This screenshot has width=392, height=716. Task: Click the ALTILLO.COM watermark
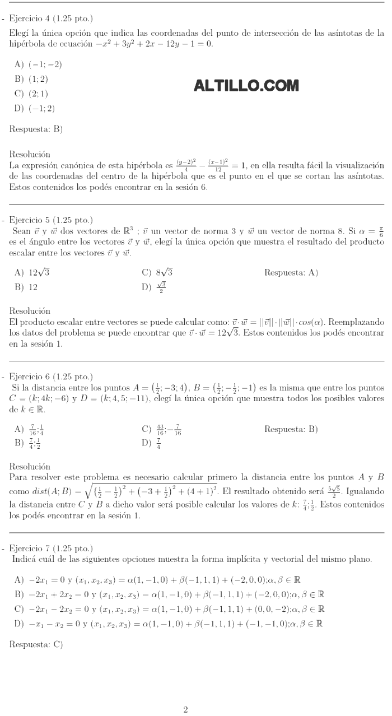point(246,86)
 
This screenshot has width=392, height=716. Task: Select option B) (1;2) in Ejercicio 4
point(31,79)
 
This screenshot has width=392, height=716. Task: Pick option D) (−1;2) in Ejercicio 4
point(34,108)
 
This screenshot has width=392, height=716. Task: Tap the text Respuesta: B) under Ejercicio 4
point(36,129)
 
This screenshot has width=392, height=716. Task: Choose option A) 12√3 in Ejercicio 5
point(32,273)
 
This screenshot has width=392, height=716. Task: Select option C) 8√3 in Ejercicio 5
point(157,273)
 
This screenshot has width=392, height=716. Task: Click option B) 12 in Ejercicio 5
point(26,287)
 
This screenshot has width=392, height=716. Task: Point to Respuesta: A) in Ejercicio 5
point(291,273)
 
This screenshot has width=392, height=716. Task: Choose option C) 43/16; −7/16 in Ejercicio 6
point(162,430)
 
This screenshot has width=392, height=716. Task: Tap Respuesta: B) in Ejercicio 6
point(291,430)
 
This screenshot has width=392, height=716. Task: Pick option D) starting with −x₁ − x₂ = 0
point(168,623)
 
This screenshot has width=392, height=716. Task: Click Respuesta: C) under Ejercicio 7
point(36,644)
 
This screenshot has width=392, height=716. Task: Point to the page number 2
point(186,710)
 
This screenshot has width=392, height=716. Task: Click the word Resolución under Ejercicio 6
point(30,466)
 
